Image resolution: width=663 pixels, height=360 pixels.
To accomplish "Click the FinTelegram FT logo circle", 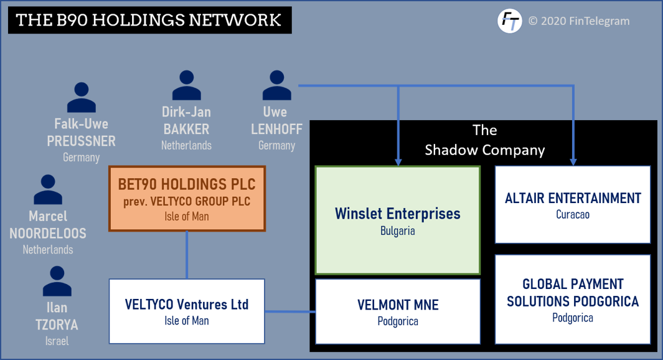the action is (x=509, y=21).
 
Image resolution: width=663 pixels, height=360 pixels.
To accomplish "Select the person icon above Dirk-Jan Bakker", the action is (x=187, y=85).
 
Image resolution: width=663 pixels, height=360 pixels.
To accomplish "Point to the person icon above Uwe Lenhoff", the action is (x=277, y=85).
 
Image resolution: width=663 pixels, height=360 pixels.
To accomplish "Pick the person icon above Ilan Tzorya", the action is (x=57, y=281).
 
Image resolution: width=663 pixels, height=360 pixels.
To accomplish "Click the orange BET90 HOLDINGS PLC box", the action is (x=187, y=199).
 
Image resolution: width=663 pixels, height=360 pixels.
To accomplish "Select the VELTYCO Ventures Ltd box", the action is (x=187, y=311).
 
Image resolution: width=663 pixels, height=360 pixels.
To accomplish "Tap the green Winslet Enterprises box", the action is (x=398, y=220).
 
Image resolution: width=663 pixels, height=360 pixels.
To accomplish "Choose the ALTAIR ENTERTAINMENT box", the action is (x=573, y=204).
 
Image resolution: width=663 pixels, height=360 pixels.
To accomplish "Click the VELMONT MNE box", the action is (x=398, y=311).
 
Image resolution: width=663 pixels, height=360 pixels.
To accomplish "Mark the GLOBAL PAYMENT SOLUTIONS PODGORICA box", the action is (x=573, y=300).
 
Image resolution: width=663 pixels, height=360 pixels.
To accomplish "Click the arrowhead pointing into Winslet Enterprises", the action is (x=398, y=162).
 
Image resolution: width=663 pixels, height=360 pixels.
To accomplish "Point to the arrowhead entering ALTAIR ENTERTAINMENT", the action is (x=573, y=162).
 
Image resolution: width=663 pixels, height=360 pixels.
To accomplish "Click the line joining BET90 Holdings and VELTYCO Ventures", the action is (x=187, y=255).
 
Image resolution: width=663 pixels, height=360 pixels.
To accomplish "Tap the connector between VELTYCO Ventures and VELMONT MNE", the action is (x=291, y=312).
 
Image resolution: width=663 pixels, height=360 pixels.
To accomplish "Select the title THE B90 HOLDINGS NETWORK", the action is (x=148, y=21).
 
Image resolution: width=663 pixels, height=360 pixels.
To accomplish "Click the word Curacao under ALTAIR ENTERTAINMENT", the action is (x=573, y=214).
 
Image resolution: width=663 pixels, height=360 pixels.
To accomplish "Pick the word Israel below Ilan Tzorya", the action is (x=57, y=341).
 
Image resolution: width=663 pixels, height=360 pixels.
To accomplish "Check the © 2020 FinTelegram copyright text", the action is (x=579, y=21).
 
